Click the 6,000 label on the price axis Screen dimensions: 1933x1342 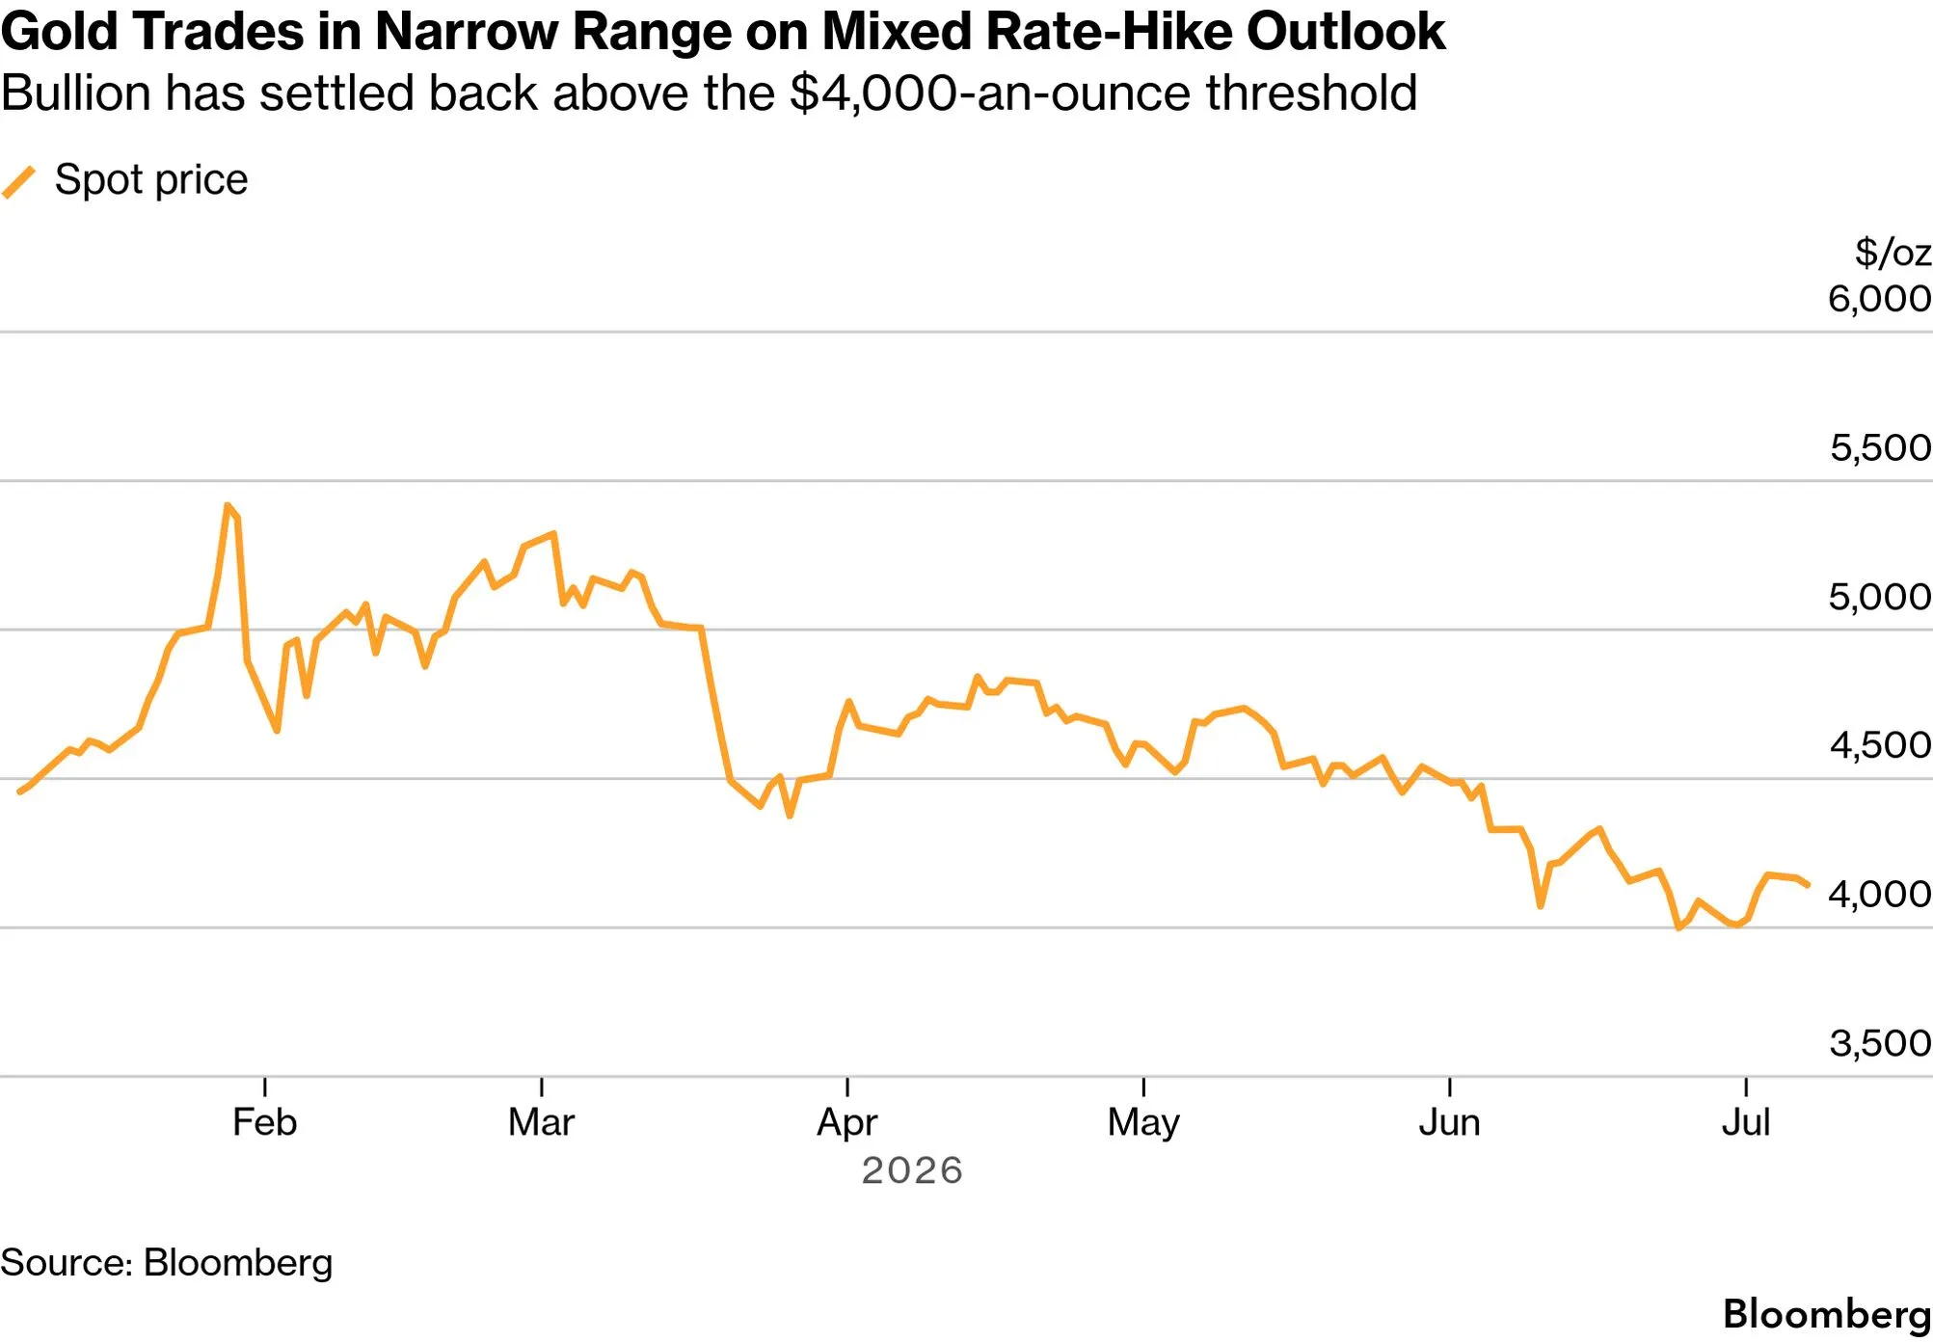pos(1879,299)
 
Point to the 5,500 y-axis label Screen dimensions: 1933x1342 pos(1880,447)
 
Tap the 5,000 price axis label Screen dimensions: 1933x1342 pos(1879,597)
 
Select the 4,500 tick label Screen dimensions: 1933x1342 pos(1880,745)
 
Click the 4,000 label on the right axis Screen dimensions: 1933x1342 pos(1879,894)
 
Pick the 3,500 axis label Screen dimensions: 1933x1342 pos(1880,1043)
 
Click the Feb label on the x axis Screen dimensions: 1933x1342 pos(264,1122)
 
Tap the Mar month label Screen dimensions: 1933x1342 pos(541,1122)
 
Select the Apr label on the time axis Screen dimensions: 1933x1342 pos(846,1123)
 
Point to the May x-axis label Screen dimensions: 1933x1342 pos(1143,1123)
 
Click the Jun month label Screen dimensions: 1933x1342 pos(1449,1122)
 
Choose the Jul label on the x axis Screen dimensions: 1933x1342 pos(1746,1122)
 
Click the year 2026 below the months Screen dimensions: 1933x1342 pos(912,1170)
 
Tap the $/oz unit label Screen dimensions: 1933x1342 pos(1893,253)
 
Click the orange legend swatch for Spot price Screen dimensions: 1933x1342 pos(19,181)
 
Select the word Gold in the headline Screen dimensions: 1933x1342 pos(59,32)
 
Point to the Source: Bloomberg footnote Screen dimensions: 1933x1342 pos(166,1263)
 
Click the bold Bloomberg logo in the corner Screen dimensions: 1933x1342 pos(1827,1314)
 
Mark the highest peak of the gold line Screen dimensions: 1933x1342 pos(228,504)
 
